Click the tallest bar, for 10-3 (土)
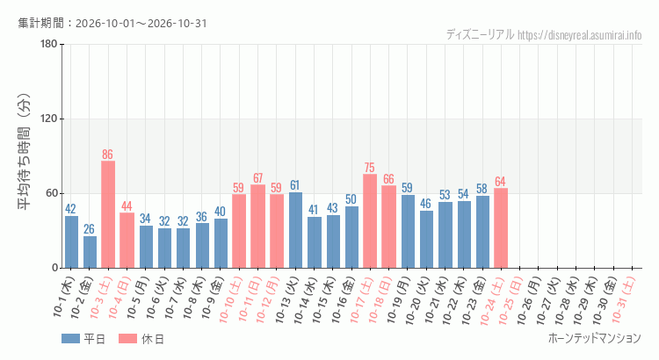(x=108, y=214)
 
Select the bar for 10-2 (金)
(x=90, y=252)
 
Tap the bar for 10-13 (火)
(x=295, y=230)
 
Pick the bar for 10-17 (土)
(x=370, y=221)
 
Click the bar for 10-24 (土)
(x=501, y=228)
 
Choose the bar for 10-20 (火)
(x=426, y=240)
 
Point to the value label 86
(x=107, y=155)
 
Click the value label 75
(x=369, y=168)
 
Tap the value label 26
(x=89, y=229)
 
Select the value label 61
(x=294, y=185)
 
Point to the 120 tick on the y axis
(x=49, y=119)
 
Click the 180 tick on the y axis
(x=49, y=44)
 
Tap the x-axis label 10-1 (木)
(x=64, y=296)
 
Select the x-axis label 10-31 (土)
(x=624, y=299)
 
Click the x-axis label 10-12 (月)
(x=268, y=299)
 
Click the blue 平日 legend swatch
(x=70, y=339)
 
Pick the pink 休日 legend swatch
(x=127, y=339)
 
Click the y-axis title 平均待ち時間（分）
(x=25, y=152)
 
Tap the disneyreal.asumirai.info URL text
(x=580, y=35)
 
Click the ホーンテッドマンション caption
(x=595, y=338)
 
